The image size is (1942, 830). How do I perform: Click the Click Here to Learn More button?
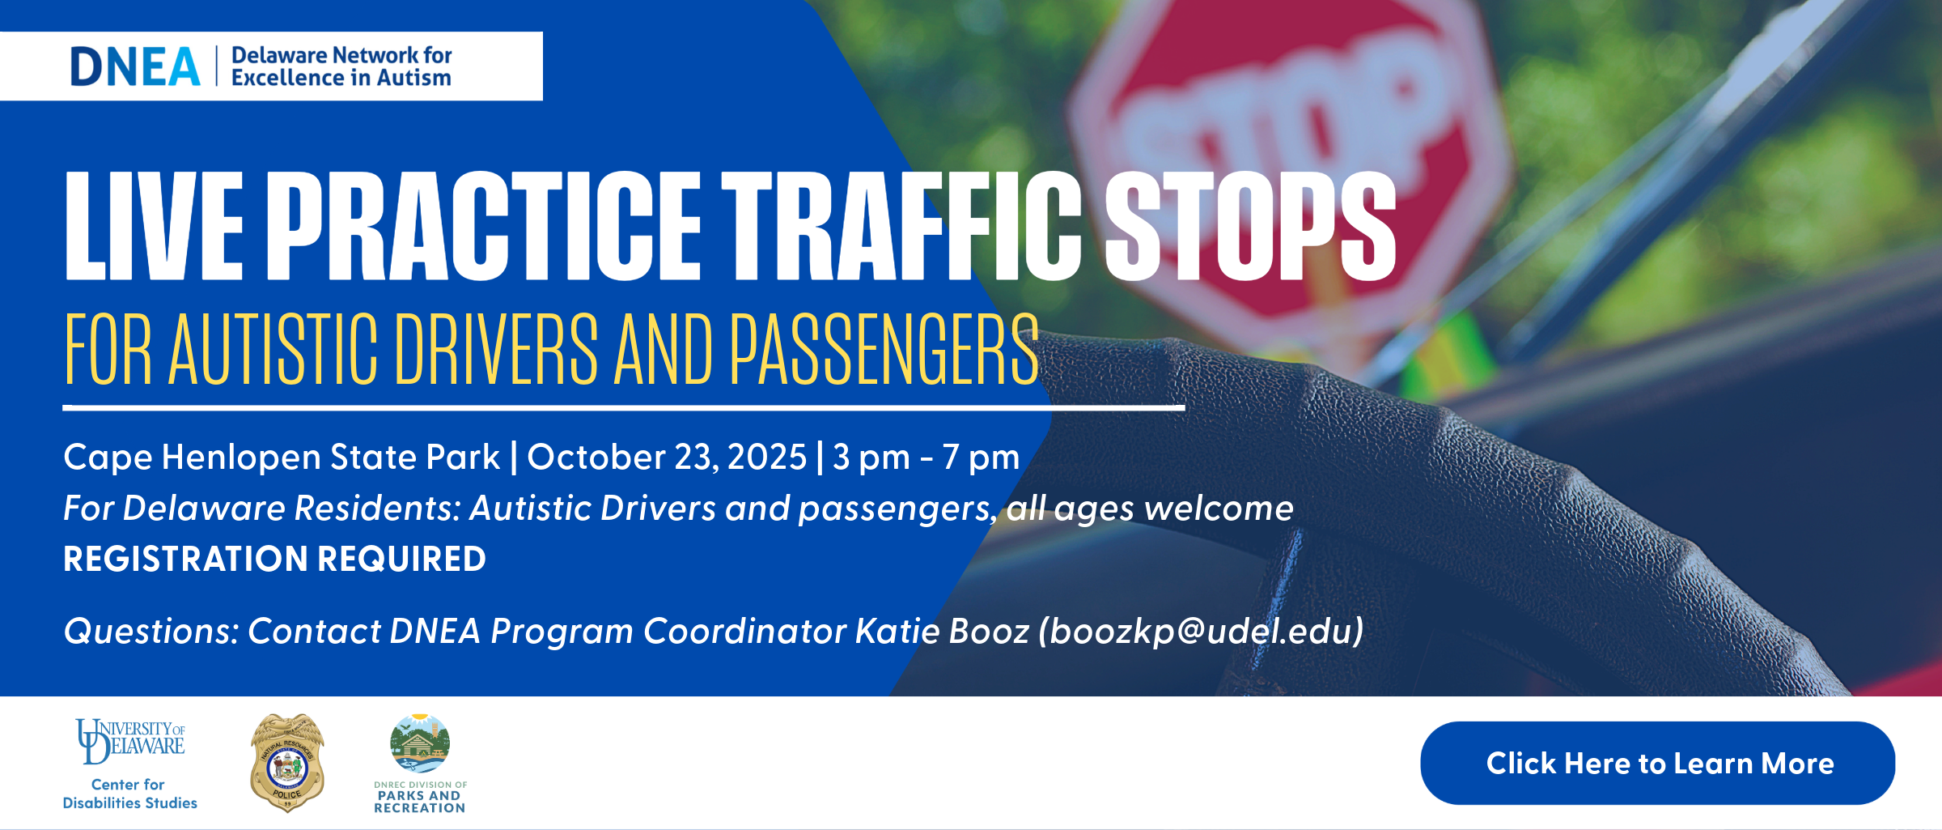pyautogui.click(x=1657, y=763)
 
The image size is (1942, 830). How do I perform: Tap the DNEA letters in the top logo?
pyautogui.click(x=135, y=66)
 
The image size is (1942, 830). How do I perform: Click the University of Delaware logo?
pyautogui.click(x=130, y=741)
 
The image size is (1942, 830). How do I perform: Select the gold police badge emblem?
pyautogui.click(x=287, y=763)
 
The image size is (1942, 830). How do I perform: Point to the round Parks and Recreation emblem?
pyautogui.click(x=419, y=743)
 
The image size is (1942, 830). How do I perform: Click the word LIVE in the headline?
pyautogui.click(x=154, y=226)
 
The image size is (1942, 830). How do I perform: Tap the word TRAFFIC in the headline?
pyautogui.click(x=902, y=226)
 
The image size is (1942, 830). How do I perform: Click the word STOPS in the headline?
pyautogui.click(x=1251, y=226)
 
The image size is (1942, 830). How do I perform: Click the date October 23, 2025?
pyautogui.click(x=667, y=457)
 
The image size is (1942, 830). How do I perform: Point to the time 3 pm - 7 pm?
pyautogui.click(x=926, y=458)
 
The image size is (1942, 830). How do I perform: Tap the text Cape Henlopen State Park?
pyautogui.click(x=282, y=458)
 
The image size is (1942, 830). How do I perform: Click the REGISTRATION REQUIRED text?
pyautogui.click(x=275, y=559)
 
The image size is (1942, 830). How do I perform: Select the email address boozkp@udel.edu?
pyautogui.click(x=1202, y=631)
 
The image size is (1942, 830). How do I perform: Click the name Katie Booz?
pyautogui.click(x=942, y=631)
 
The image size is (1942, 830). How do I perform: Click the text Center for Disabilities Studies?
pyautogui.click(x=129, y=794)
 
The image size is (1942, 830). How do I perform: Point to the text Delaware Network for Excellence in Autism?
pyautogui.click(x=341, y=66)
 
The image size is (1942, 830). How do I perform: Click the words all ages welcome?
pyautogui.click(x=1150, y=509)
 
